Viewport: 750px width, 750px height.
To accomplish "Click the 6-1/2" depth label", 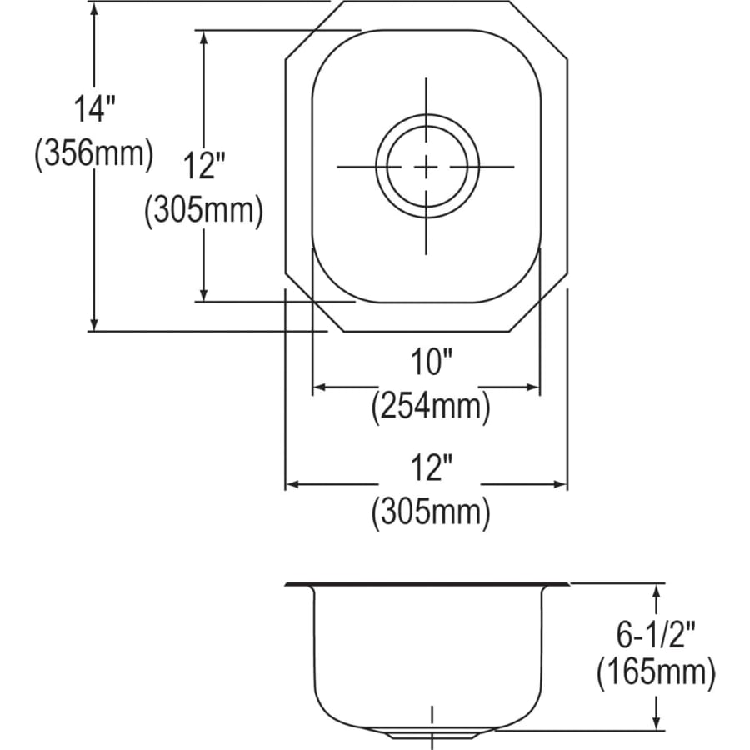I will (655, 635).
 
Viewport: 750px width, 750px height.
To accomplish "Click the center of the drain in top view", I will (427, 167).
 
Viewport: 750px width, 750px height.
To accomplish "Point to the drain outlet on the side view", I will (431, 734).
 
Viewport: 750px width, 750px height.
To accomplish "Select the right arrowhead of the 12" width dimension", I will (560, 484).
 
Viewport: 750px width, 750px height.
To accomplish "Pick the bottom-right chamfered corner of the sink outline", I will (539, 302).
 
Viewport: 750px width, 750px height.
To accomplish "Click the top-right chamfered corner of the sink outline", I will (539, 31).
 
